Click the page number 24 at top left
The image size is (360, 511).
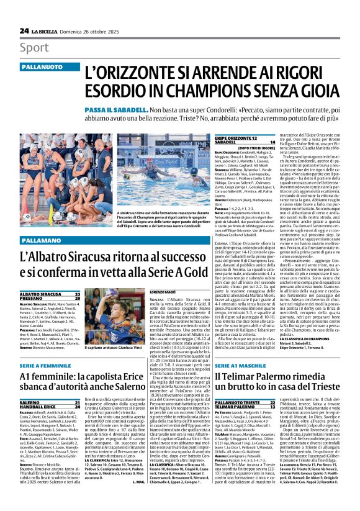(x=24, y=30)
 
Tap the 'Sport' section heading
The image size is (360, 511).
(x=34, y=48)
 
